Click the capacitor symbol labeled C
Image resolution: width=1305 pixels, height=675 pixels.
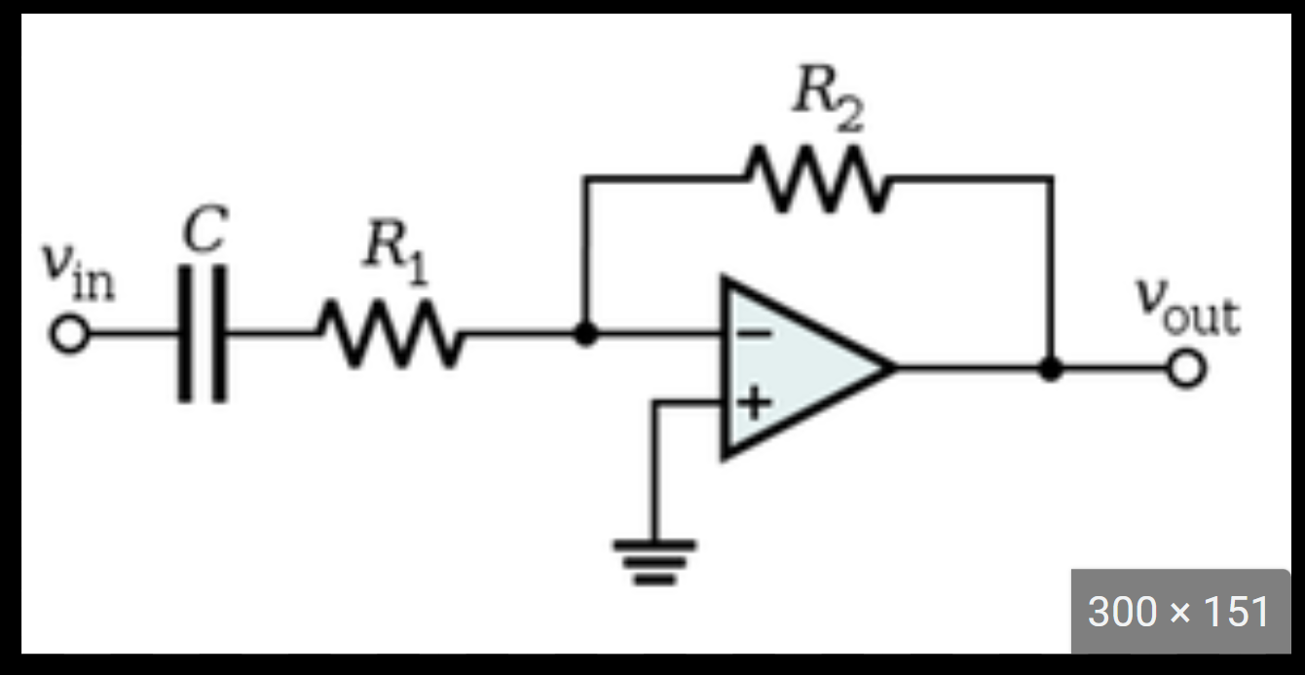(x=203, y=334)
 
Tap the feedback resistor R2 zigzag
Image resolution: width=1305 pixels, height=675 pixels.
(x=816, y=178)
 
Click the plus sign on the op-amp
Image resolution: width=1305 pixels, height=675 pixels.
(x=751, y=403)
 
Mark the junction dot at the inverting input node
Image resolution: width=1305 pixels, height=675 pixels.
(x=584, y=334)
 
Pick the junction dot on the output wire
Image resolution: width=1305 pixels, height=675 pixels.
(x=1050, y=369)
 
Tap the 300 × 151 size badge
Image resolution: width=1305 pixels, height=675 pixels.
(x=1179, y=612)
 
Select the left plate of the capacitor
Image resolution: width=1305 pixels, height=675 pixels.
(x=186, y=334)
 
